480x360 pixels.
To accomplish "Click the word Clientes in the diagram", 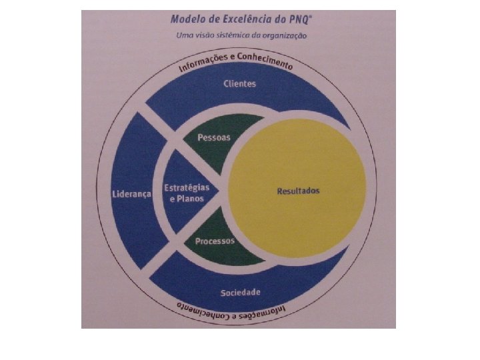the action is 240,85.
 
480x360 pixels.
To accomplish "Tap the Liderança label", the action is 131,194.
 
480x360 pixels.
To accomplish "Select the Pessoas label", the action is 214,137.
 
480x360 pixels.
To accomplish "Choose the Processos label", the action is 215,241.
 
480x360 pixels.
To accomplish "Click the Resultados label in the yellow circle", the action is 298,191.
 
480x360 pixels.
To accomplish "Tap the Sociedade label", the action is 240,293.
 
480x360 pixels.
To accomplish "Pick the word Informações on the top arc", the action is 202,63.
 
